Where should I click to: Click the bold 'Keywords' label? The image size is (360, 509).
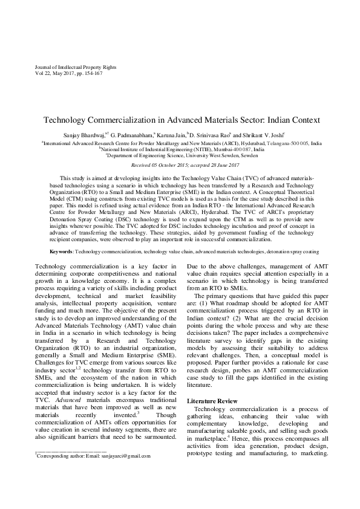(62, 267)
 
